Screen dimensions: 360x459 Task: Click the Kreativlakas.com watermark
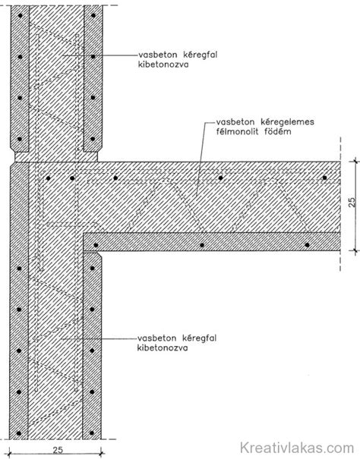coord(297,448)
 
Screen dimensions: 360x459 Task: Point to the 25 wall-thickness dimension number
coord(58,450)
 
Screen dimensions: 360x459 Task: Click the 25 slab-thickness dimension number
coord(352,203)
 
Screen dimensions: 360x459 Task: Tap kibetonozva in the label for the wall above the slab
coord(163,64)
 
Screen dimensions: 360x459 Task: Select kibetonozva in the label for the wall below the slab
coord(163,348)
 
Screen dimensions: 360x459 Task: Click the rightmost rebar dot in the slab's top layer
coord(324,178)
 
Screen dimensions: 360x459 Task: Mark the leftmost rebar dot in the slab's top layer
coord(49,178)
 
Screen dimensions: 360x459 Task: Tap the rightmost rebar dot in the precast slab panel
coord(307,245)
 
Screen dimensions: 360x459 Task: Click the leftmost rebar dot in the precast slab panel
coord(96,245)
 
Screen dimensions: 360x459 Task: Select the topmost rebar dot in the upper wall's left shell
coord(20,15)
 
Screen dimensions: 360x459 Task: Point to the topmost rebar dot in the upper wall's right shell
coord(93,15)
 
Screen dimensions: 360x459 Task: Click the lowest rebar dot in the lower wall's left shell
coord(19,433)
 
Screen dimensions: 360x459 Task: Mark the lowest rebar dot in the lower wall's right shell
coord(92,433)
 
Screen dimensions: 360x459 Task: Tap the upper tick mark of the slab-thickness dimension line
coord(355,162)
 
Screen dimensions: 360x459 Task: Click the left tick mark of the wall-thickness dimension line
coord(10,454)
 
